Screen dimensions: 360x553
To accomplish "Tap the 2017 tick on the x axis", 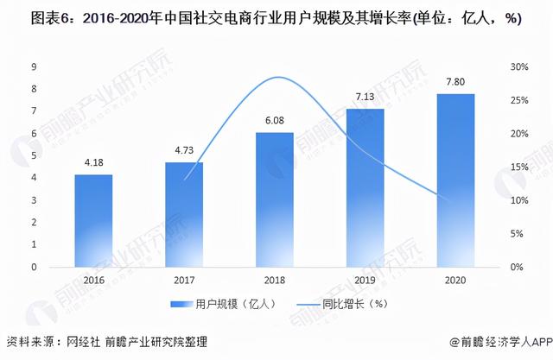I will [x=184, y=281].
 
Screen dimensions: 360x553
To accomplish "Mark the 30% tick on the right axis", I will [x=517, y=67].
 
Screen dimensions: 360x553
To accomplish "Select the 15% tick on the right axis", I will [x=517, y=167].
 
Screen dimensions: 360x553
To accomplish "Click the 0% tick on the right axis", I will [x=517, y=268].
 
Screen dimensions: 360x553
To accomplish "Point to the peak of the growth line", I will [x=276, y=78].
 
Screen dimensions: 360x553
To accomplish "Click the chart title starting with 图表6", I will [x=276, y=20].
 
